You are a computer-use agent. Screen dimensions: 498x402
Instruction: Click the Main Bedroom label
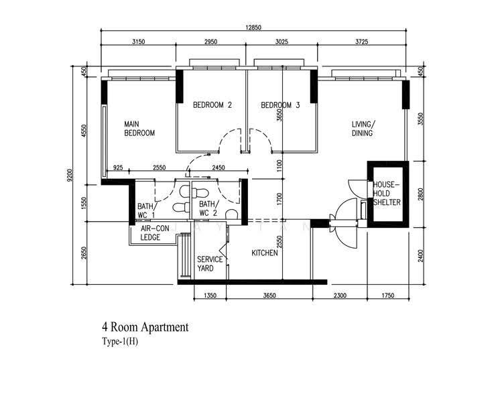tap(139, 128)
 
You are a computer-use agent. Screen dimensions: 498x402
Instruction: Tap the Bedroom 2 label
tap(212, 105)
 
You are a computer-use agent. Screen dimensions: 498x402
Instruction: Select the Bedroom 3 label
tap(280, 105)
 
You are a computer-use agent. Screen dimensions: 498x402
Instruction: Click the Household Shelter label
tap(387, 194)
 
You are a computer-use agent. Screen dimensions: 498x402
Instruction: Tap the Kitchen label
tap(265, 253)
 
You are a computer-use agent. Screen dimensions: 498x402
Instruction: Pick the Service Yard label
tap(210, 264)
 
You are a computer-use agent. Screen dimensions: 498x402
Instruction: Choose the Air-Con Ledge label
tap(150, 232)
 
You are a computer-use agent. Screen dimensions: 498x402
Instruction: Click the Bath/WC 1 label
tap(146, 210)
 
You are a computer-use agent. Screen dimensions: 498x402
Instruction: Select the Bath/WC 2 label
tap(208, 208)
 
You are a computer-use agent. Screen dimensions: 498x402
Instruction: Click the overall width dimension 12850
tap(253, 27)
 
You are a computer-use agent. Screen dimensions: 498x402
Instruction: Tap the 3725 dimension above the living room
tap(362, 42)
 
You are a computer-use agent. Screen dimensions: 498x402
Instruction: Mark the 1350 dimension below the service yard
tap(210, 295)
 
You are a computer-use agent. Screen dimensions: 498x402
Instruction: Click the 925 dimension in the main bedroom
tap(118, 167)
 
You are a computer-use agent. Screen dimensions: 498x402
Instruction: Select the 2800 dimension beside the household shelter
tap(421, 194)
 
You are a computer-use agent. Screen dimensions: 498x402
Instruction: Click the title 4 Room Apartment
tap(145, 327)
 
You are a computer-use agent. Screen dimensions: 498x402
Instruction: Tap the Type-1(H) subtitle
tap(120, 342)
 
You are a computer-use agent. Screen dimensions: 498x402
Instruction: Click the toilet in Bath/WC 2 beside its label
tap(231, 214)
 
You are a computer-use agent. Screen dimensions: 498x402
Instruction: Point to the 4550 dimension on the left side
tap(84, 131)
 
